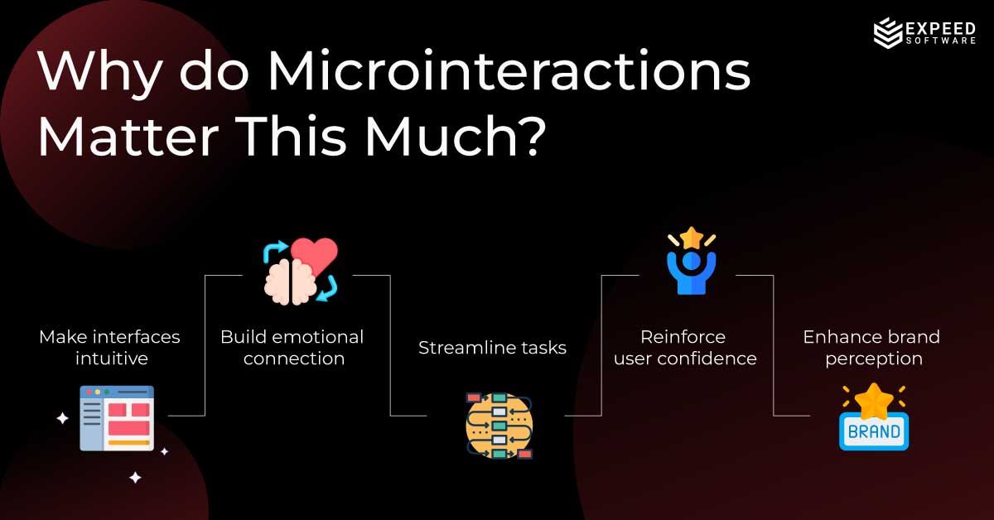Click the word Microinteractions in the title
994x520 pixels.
[x=508, y=72]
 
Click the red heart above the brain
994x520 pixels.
[x=316, y=258]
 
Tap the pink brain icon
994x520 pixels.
[x=285, y=281]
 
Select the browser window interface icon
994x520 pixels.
[x=117, y=417]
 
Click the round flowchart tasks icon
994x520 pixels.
[x=499, y=426]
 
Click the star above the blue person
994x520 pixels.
[x=691, y=238]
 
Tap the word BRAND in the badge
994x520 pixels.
[x=874, y=431]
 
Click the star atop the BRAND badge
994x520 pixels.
[x=874, y=402]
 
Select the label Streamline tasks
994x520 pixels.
[x=492, y=348]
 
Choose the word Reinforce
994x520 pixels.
[x=683, y=337]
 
